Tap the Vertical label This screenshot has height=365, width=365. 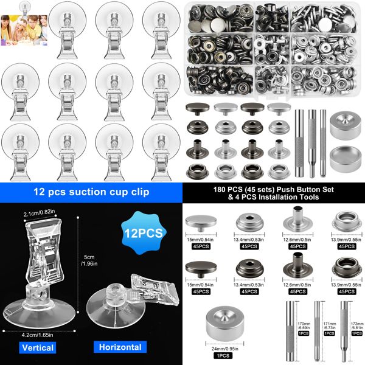pos(38,348)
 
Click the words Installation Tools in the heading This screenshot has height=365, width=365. pos(293,198)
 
